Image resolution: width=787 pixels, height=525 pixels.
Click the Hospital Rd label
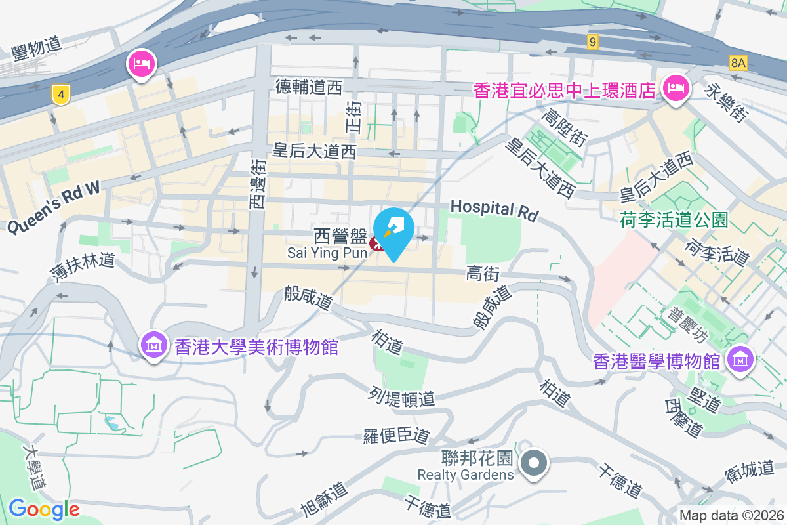tap(493, 209)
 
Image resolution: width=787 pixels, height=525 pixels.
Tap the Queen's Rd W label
tap(54, 206)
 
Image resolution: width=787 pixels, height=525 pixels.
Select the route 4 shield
tap(61, 96)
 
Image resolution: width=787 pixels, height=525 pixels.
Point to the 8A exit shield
tap(738, 63)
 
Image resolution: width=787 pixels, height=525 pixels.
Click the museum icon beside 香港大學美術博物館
tap(154, 345)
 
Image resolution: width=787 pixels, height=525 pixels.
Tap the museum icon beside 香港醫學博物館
tap(741, 360)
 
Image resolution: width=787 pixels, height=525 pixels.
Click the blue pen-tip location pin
tap(393, 232)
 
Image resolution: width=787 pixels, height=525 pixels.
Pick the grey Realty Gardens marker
tap(535, 463)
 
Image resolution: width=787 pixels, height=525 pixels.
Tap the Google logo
tap(44, 509)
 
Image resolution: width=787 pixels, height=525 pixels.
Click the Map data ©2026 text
tap(730, 516)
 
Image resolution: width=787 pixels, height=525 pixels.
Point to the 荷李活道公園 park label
tap(674, 219)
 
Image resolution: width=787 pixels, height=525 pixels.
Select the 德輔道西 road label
tap(309, 86)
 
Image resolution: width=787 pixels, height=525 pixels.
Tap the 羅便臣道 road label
tap(396, 435)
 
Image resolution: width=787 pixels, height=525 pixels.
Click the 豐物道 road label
tap(37, 45)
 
